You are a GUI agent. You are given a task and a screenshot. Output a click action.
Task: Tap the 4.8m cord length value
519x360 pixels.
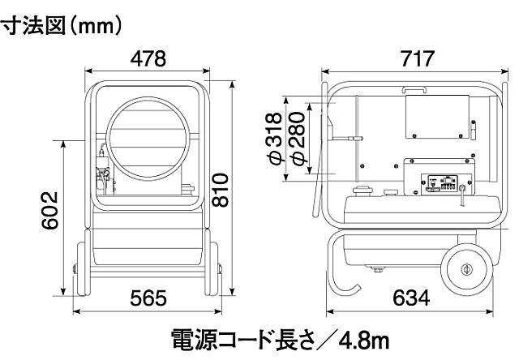pos(353,336)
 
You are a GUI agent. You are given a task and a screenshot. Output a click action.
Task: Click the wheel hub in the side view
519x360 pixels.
pos(465,271)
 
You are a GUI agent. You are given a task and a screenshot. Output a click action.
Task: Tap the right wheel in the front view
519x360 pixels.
pos(215,268)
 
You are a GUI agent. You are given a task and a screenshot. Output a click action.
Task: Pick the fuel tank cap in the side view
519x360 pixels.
pos(362,192)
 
